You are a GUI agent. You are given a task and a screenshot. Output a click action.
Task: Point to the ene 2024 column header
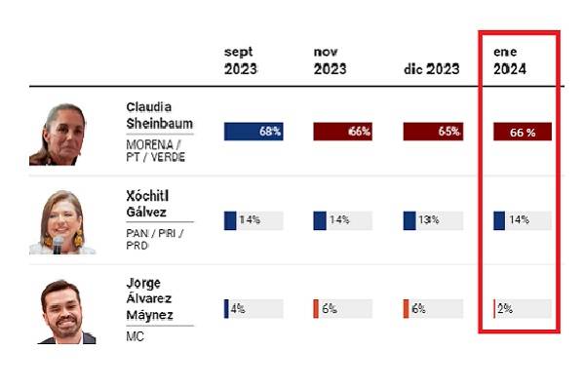[x=512, y=60]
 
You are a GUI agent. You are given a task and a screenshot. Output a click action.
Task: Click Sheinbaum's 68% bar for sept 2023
[x=253, y=132]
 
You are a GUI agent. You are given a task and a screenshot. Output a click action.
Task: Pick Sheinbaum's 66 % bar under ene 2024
[x=523, y=132]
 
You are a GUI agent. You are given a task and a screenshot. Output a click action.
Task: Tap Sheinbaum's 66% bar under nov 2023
[x=342, y=132]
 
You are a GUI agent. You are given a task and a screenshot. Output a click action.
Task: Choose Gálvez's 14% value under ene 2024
[x=518, y=220]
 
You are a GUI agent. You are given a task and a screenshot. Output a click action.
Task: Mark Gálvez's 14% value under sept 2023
[x=250, y=220]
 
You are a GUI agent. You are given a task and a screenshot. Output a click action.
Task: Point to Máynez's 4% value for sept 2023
[x=237, y=309]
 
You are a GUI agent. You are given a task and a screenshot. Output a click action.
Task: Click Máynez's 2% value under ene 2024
[x=505, y=309]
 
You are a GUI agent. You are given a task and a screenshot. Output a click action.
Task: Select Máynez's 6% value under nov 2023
[x=329, y=309]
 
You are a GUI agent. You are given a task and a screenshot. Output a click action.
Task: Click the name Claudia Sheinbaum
[x=159, y=114]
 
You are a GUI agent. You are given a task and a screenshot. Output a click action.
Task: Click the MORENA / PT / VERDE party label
[x=156, y=152]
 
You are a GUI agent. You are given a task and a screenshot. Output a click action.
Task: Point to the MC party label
[x=135, y=337]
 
